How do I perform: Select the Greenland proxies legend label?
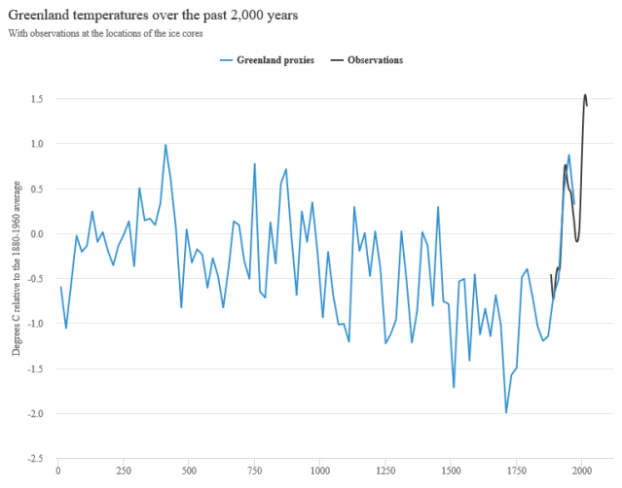(274, 60)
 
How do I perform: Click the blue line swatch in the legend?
(226, 60)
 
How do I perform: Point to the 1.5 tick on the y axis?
(36, 98)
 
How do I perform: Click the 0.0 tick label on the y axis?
(36, 233)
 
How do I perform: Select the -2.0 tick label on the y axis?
(36, 413)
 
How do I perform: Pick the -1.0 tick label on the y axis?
(36, 324)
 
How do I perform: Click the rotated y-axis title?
(17, 277)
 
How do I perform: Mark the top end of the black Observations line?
(585, 95)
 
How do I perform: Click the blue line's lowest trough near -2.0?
(506, 412)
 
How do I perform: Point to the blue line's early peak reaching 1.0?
(165, 144)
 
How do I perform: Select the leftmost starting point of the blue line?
(60, 287)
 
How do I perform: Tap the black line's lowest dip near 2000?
(577, 240)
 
